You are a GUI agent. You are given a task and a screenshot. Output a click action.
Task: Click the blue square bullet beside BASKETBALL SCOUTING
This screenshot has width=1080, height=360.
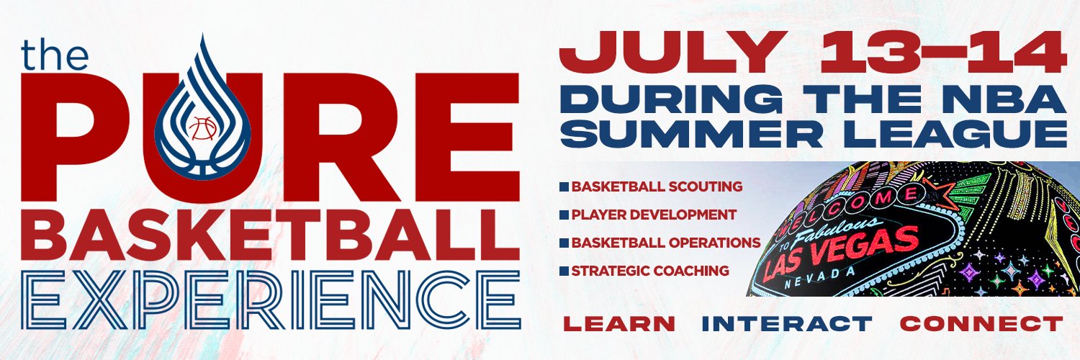pos(564,187)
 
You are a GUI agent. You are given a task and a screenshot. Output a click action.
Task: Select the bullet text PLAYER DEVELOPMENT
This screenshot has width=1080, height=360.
pos(654,215)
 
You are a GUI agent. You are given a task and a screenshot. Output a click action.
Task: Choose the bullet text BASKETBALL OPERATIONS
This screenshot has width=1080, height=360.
pos(666,243)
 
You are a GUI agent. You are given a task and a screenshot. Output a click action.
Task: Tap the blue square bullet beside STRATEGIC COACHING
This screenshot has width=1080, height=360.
pos(564,271)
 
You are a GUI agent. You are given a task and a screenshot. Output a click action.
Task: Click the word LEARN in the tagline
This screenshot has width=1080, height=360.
pos(618,324)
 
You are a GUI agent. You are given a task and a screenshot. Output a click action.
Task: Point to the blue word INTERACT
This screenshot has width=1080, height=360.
pos(787,324)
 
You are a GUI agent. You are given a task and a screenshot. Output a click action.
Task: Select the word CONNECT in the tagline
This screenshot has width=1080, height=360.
pos(981,324)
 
